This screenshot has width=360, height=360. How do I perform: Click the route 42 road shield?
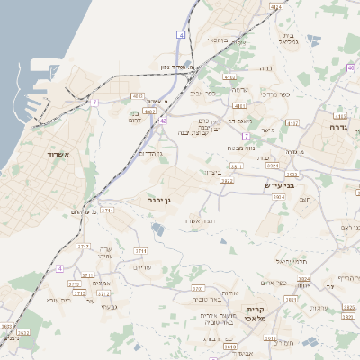click(163, 120)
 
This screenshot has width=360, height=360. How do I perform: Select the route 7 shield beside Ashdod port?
click(94, 103)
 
